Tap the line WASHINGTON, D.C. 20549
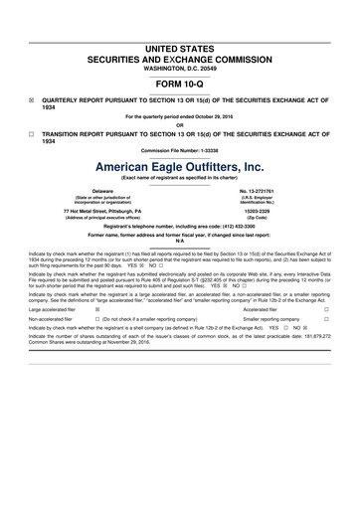180,66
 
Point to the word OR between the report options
180,125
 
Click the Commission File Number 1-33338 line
180,150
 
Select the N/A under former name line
180,244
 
